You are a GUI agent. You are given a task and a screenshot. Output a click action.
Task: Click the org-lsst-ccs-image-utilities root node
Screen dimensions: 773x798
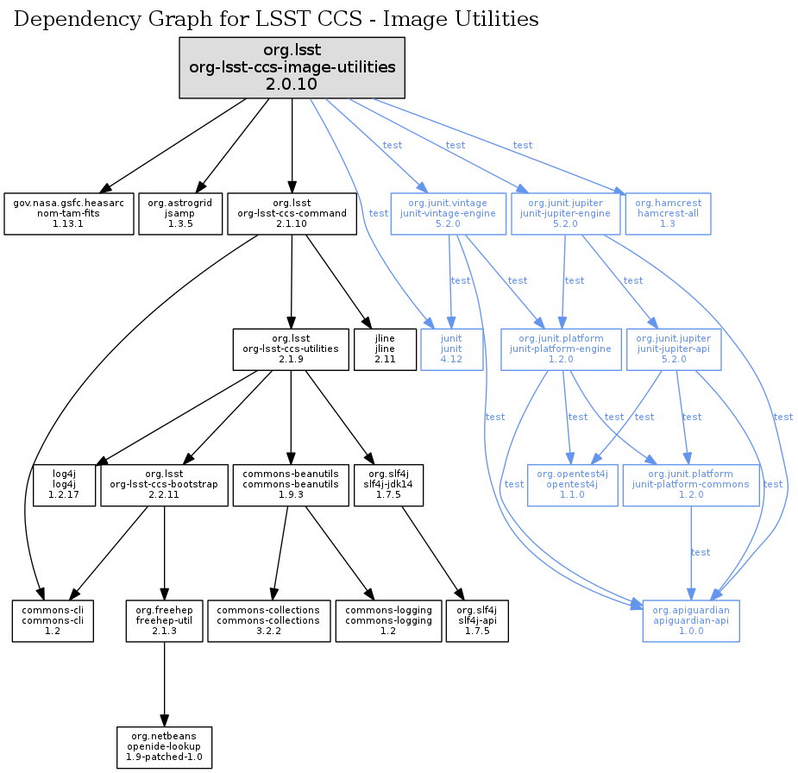(x=292, y=67)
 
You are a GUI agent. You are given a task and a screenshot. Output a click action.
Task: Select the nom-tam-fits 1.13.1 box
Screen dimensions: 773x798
(x=69, y=213)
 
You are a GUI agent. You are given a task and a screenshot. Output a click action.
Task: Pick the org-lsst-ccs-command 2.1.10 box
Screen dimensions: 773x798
(x=292, y=213)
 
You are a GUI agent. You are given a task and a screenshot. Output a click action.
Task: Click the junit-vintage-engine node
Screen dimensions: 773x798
(x=449, y=213)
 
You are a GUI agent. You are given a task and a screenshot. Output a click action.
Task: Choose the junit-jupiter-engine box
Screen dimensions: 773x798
(x=564, y=213)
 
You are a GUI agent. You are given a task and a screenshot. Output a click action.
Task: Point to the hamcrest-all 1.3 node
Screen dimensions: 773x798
(x=668, y=213)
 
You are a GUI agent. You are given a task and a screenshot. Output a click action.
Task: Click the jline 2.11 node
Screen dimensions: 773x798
(x=385, y=348)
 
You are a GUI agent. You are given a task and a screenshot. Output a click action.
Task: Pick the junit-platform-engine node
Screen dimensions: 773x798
(x=561, y=348)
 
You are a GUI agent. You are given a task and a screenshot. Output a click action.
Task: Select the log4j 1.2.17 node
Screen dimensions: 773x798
(x=64, y=484)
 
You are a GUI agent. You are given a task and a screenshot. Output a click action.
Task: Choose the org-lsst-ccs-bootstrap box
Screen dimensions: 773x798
(x=165, y=484)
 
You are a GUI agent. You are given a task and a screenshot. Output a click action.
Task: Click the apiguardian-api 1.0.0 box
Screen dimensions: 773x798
(x=691, y=619)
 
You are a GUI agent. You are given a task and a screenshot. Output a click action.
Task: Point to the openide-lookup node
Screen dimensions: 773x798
(x=164, y=747)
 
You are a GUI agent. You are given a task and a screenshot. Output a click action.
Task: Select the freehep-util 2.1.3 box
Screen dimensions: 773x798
(x=164, y=619)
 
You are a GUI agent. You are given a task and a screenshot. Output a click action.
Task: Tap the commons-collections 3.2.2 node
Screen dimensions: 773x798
(x=268, y=619)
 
